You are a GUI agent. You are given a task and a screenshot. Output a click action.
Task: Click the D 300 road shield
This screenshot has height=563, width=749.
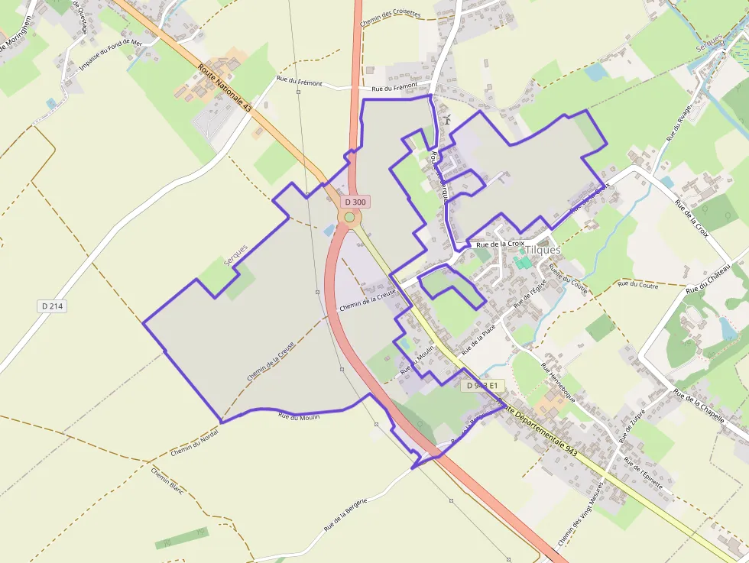click(355, 202)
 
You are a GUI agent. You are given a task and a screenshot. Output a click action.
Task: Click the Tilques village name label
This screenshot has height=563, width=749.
click(543, 250)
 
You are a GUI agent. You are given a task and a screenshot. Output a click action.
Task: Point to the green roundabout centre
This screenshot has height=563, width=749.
click(349, 218)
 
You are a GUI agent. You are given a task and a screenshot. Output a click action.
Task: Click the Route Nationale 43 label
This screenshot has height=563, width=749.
click(225, 89)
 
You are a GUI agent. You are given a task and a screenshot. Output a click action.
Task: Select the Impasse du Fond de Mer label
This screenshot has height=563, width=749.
click(111, 55)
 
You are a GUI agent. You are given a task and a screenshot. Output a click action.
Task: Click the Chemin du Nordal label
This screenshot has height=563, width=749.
click(195, 441)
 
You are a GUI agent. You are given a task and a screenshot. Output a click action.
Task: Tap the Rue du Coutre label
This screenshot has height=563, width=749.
click(638, 284)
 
